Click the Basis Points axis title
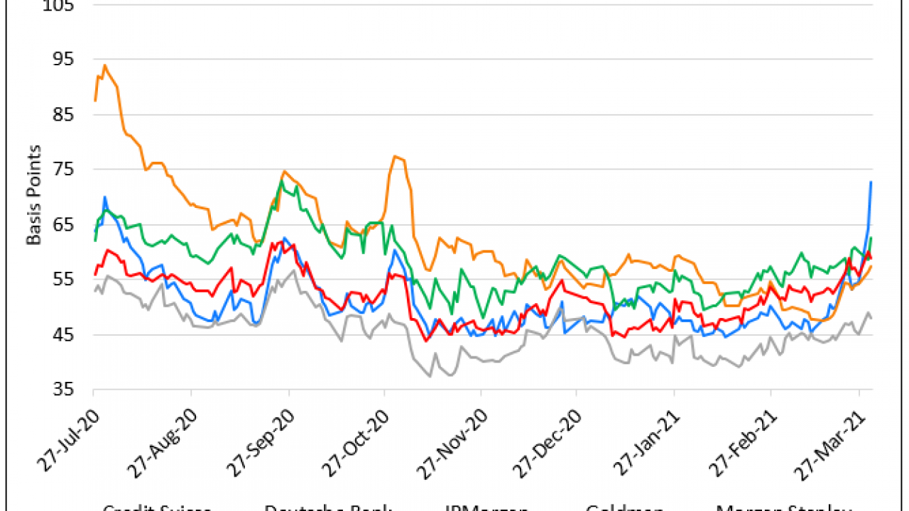coord(34,195)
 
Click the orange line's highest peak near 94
coord(105,65)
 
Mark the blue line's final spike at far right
coord(871,182)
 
